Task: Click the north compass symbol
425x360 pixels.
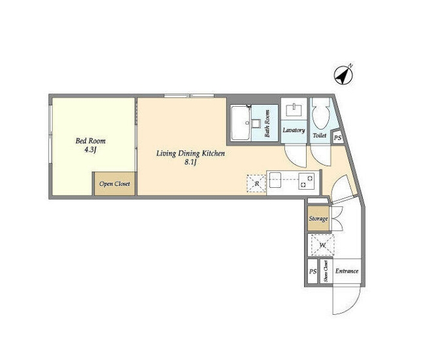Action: point(343,75)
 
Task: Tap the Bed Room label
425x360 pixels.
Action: point(90,141)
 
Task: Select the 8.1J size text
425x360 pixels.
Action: point(190,162)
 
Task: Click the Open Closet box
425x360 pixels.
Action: point(114,183)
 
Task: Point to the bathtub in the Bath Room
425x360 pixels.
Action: point(241,123)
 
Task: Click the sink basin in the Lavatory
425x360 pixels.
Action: point(294,110)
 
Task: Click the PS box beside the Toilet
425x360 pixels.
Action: point(338,137)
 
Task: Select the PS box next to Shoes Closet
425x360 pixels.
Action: point(313,271)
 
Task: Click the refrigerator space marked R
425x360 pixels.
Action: point(256,184)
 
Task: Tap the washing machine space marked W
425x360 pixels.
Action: point(322,245)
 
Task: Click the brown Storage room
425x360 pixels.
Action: point(318,219)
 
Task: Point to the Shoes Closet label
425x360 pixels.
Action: point(326,271)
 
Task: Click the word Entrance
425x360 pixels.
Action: point(347,271)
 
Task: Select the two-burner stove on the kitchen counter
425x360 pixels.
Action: point(307,181)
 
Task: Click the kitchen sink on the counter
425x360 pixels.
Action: point(276,179)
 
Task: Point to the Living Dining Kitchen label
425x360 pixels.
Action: point(190,154)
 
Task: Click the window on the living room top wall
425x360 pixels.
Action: point(189,96)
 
